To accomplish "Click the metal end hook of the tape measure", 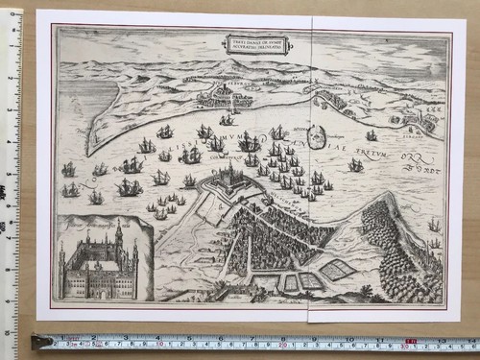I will tap(39, 341).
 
